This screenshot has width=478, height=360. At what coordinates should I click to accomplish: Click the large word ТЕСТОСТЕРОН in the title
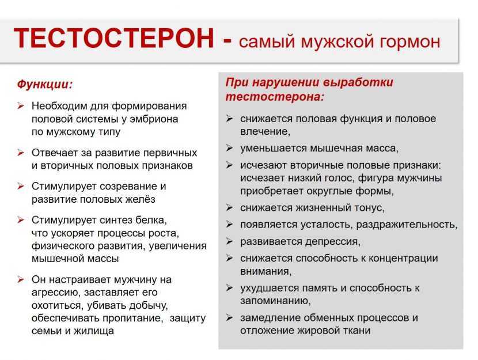tap(113, 39)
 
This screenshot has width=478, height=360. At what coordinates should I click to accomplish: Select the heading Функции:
tap(45, 84)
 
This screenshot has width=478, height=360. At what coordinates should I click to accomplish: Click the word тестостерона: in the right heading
tap(274, 97)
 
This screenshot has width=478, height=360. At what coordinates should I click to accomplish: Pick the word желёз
tap(139, 199)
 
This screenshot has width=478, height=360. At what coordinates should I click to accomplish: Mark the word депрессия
tap(333, 242)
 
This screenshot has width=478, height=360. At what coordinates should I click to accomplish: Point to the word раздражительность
tap(407, 225)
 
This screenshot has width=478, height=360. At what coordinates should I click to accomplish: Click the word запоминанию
tap(275, 301)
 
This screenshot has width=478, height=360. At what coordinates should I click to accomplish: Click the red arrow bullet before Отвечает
tap(21, 153)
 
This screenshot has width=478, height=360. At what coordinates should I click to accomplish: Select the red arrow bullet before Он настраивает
tap(21, 279)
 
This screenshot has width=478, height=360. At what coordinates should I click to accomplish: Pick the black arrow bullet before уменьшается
tap(229, 148)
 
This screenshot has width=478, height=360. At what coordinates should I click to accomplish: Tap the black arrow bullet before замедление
tap(229, 317)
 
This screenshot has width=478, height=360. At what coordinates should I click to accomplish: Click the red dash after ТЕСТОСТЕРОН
tap(227, 40)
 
